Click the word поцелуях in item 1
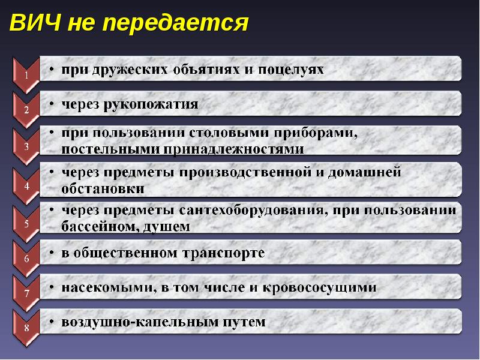(292, 69)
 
